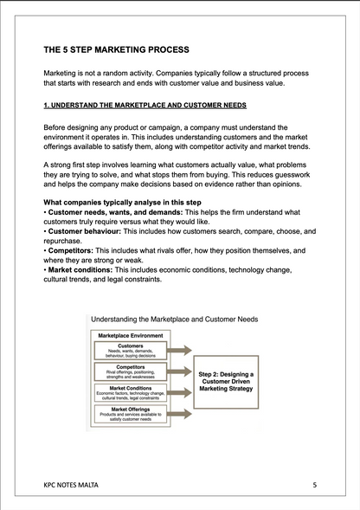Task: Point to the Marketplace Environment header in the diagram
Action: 132,334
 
